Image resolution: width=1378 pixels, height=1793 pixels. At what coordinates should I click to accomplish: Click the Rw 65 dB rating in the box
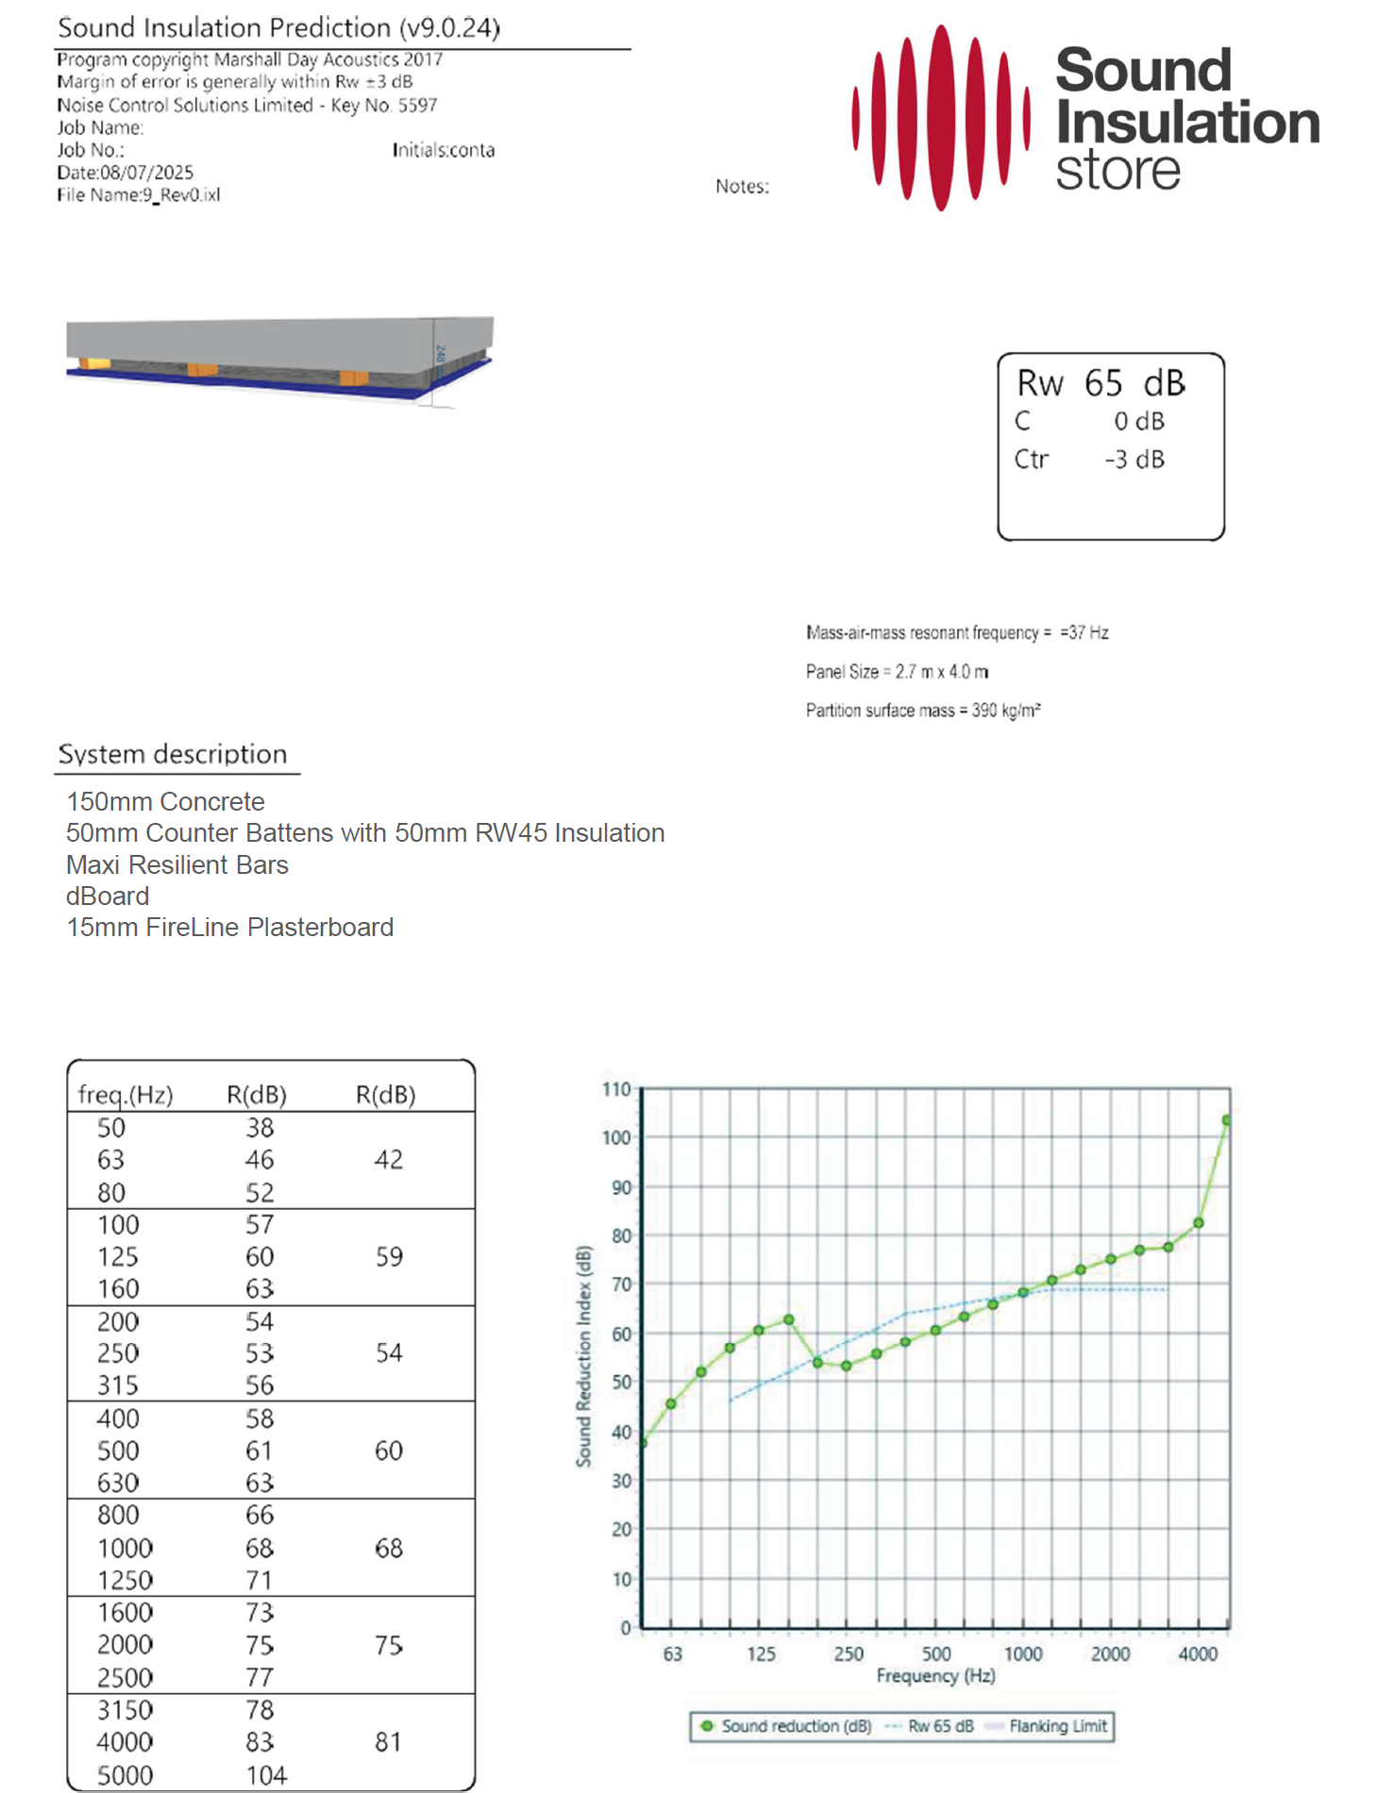tap(1101, 383)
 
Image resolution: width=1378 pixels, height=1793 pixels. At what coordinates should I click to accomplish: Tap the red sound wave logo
tap(940, 117)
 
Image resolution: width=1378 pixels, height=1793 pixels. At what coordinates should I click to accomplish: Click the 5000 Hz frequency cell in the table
tap(125, 1775)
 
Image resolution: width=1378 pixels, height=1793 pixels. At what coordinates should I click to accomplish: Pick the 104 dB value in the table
tap(266, 1775)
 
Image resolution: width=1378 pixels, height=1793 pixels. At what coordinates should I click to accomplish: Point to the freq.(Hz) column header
tap(126, 1095)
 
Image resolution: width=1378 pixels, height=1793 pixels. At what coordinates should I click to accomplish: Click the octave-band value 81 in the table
tap(388, 1742)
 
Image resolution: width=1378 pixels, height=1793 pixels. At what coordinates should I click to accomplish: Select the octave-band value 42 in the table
tap(388, 1160)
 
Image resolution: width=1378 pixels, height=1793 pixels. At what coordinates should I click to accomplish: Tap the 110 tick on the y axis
tap(616, 1089)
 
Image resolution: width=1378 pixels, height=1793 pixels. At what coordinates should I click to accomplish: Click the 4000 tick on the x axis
tap(1198, 1653)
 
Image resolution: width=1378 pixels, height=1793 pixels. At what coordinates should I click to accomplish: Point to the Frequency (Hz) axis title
tap(935, 1676)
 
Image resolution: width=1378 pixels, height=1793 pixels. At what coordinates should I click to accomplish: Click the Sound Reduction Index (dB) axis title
tap(584, 1357)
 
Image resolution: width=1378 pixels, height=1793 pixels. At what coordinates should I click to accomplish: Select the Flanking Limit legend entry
tap(1057, 1726)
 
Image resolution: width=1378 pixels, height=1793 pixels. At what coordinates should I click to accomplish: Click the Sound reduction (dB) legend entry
tap(795, 1726)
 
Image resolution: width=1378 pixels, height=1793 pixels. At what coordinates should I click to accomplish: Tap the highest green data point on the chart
tap(1227, 1120)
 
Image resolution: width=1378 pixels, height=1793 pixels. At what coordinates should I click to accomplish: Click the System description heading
tap(173, 754)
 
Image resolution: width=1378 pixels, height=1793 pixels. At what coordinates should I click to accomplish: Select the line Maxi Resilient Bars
tap(177, 864)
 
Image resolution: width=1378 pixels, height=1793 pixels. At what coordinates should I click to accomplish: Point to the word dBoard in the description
tap(108, 896)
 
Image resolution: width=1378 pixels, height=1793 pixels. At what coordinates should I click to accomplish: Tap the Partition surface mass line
tap(922, 711)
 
